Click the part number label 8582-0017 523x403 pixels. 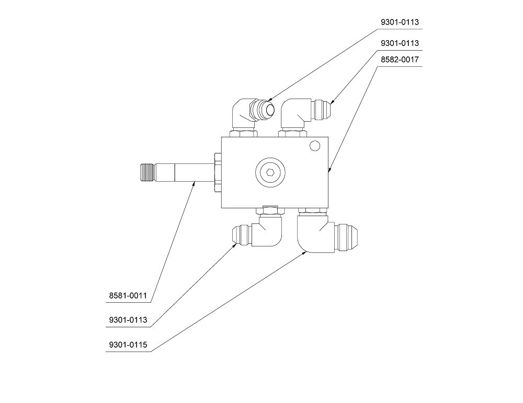(x=400, y=60)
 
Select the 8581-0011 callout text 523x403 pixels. (x=128, y=295)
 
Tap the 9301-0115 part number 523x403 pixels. (x=128, y=345)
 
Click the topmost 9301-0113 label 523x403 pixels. (x=400, y=22)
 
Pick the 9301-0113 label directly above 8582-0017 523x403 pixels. (x=400, y=43)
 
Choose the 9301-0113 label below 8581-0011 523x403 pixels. (x=128, y=319)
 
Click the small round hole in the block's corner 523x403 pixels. (x=314, y=146)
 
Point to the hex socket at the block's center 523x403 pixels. (x=270, y=172)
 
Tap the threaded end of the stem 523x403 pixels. (x=147, y=172)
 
